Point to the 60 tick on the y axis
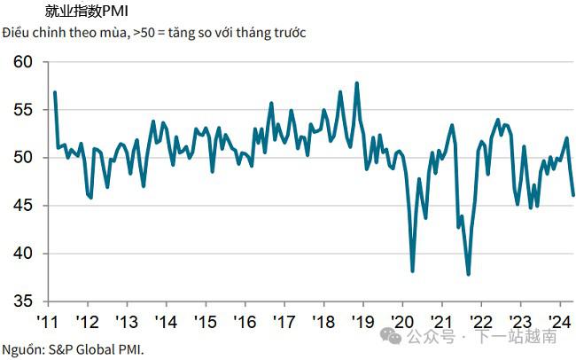23,62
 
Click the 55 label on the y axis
23,110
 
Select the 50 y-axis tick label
23,158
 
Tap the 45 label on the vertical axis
23,206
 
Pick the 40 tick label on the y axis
23,254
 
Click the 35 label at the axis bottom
23,301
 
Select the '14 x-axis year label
165,322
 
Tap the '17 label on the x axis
284,322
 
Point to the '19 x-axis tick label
362,322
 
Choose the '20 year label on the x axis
401,322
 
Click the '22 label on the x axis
480,322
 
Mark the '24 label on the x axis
559,322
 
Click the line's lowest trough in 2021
468,274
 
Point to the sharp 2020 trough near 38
413,270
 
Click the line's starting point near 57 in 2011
55,92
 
